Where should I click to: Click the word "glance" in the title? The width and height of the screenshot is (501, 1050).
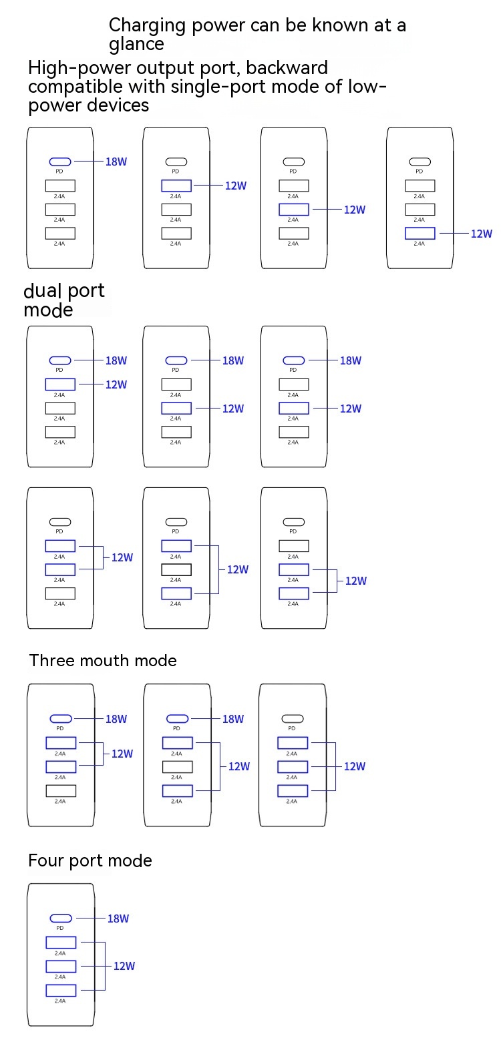pos(136,45)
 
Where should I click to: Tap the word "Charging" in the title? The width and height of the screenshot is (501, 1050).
pos(147,26)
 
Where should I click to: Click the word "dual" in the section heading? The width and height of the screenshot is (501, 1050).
pos(43,291)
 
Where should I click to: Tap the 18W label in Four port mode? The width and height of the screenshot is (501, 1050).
pos(118,918)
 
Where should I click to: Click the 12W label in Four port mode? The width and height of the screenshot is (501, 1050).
pos(124,966)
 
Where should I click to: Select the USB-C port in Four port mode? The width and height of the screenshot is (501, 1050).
pos(61,918)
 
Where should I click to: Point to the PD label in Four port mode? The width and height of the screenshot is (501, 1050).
pos(60,928)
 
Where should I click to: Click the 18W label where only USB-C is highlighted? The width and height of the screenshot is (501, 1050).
pos(116,162)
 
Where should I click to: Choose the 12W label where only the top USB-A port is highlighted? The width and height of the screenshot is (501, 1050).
pos(236,186)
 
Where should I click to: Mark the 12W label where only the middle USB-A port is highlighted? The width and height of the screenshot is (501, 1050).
pos(355,210)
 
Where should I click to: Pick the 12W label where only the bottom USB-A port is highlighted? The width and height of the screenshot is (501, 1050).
pos(482,234)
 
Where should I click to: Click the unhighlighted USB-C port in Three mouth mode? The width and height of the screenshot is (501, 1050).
pos(292,719)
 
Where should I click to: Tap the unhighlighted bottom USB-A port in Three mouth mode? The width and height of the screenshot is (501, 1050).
pos(61,791)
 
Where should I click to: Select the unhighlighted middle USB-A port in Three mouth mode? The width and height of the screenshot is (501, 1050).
pos(177,767)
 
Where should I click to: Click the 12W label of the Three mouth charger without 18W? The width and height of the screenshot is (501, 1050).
pos(355,766)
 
